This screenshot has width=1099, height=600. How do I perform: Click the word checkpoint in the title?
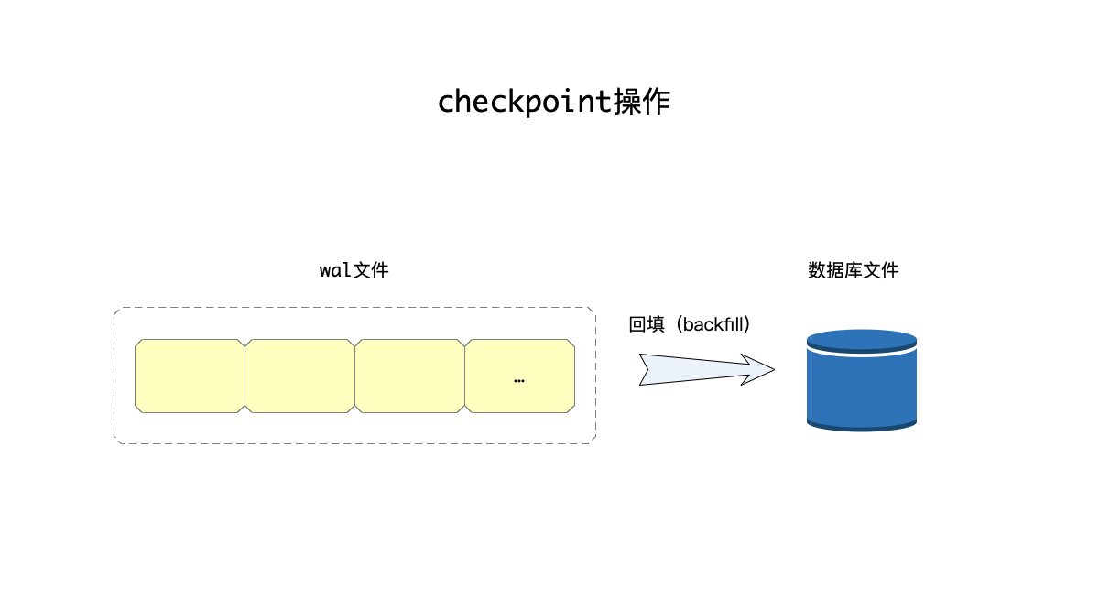click(524, 102)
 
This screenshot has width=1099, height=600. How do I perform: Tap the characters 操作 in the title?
click(641, 101)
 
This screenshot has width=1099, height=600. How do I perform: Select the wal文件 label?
click(354, 270)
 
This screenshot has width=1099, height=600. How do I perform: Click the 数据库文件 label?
click(853, 270)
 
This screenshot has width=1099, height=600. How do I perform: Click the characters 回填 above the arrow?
click(647, 324)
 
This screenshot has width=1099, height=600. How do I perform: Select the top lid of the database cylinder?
click(861, 337)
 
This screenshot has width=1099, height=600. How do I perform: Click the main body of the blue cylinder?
click(861, 385)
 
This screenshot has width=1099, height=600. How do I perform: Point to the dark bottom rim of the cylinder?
click(861, 425)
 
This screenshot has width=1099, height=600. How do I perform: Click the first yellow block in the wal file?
click(190, 376)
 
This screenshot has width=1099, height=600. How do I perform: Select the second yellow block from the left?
click(299, 376)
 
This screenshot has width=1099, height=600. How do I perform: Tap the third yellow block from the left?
click(409, 376)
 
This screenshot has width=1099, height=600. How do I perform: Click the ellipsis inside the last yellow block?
click(519, 380)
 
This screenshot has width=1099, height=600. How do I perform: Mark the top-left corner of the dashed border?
click(115, 309)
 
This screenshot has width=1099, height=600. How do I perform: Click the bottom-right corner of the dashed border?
click(594, 442)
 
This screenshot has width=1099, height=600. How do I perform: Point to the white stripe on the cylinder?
click(861, 349)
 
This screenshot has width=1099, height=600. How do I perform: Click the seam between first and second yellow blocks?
click(245, 376)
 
